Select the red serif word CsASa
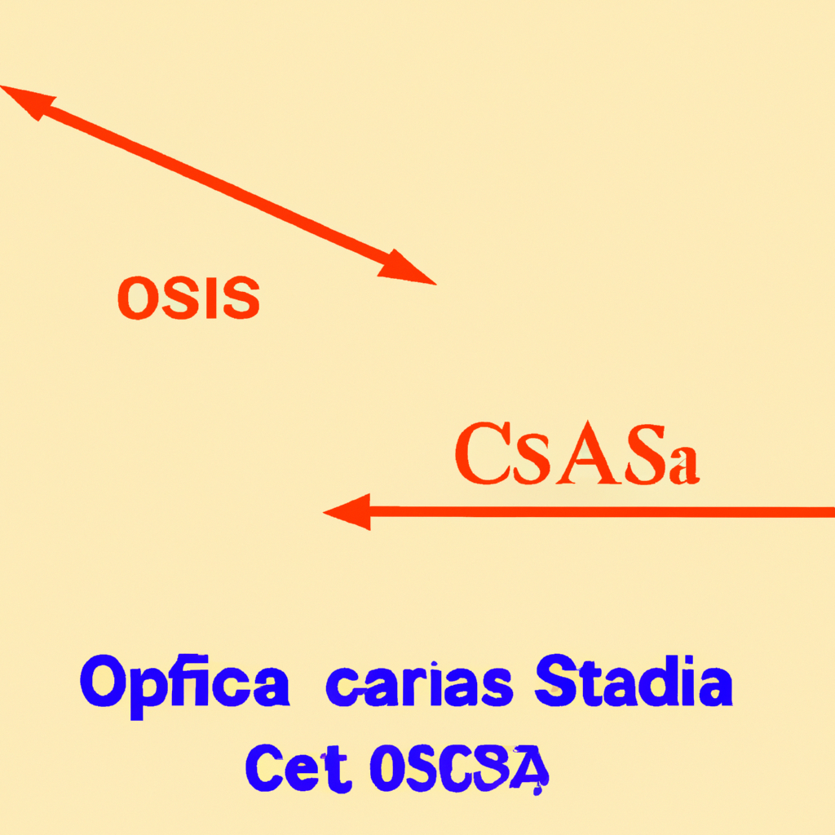coord(576,456)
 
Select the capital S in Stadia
coord(557,683)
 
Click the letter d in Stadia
coord(661,683)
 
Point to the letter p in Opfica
coord(155,691)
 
